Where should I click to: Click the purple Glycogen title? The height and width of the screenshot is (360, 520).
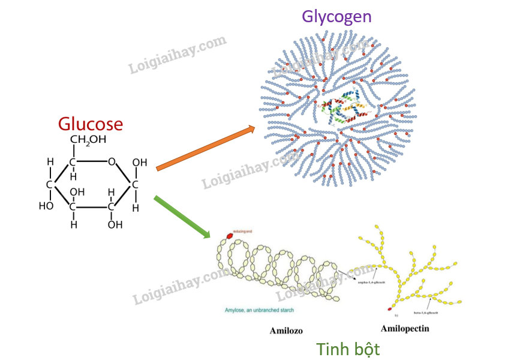tap(336, 16)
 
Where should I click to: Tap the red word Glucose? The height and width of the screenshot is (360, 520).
tap(91, 124)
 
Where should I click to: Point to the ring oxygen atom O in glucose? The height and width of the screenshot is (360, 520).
tap(112, 161)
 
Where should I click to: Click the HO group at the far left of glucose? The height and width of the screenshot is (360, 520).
tap(46, 206)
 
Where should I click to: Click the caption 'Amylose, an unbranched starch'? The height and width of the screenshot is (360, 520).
tap(260, 310)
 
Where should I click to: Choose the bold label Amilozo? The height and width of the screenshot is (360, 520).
tap(286, 331)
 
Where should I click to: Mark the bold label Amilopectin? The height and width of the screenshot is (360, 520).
tap(405, 328)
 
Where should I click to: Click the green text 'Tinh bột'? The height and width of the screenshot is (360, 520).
tap(348, 349)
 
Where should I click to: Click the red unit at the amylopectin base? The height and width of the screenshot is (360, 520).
tap(390, 309)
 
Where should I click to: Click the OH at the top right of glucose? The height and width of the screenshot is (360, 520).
tap(139, 162)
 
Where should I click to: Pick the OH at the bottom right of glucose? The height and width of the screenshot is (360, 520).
tap(115, 224)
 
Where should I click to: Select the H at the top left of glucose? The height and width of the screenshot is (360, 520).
tap(51, 161)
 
